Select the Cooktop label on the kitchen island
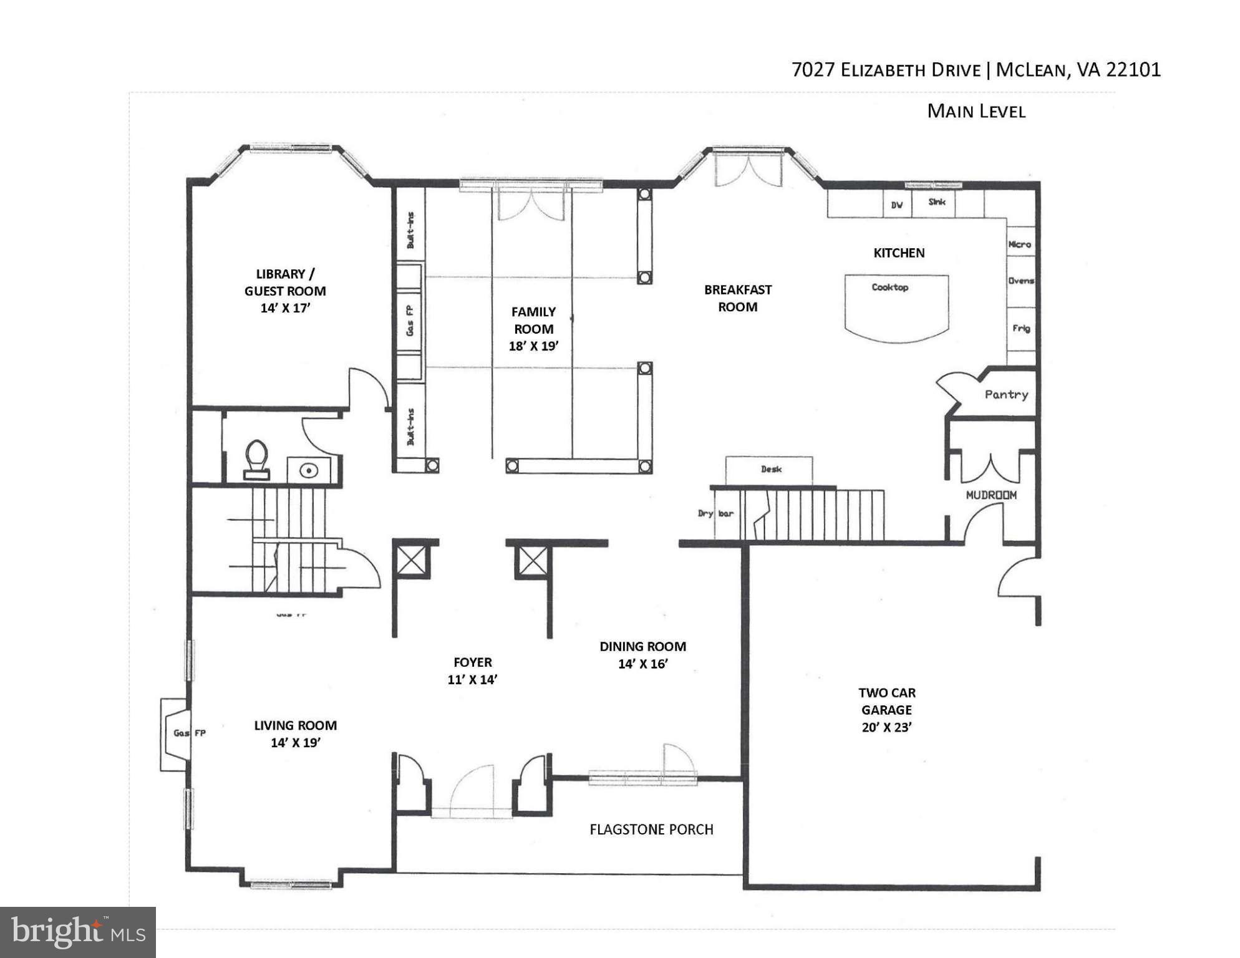pyautogui.click(x=889, y=288)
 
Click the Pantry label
pyautogui.click(x=1005, y=394)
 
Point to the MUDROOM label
pyautogui.click(x=991, y=495)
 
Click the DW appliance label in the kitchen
pyautogui.click(x=896, y=205)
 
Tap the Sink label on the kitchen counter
pyautogui.click(x=936, y=202)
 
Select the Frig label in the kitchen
pyautogui.click(x=1020, y=328)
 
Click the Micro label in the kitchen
pyautogui.click(x=1019, y=244)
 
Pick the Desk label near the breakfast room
pyautogui.click(x=770, y=469)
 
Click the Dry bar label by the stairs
pyautogui.click(x=715, y=514)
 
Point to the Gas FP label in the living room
pyautogui.click(x=190, y=733)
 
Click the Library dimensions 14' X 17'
pyautogui.click(x=285, y=308)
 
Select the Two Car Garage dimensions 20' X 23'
pyautogui.click(x=886, y=727)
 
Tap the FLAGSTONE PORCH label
pyautogui.click(x=651, y=830)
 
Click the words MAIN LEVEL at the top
pyautogui.click(x=976, y=112)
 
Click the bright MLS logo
pyautogui.click(x=77, y=932)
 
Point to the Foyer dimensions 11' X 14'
pyautogui.click(x=472, y=680)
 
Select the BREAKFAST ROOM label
pyautogui.click(x=737, y=298)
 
